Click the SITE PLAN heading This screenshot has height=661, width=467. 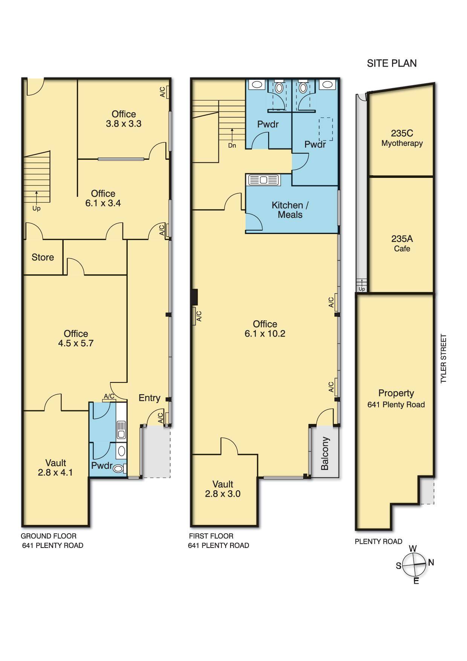[392, 63]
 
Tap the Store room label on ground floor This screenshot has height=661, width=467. [43, 257]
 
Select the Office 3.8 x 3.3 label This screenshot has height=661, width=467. [124, 119]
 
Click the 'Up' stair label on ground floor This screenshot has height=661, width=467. [36, 208]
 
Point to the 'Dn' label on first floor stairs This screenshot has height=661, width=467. [232, 145]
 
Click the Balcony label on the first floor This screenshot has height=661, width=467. [325, 453]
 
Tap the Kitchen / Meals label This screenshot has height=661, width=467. [290, 210]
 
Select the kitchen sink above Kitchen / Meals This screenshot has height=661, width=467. [263, 181]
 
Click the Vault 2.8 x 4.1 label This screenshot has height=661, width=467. [55, 468]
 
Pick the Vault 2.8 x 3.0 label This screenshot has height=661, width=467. [223, 489]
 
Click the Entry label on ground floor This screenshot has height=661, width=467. [149, 398]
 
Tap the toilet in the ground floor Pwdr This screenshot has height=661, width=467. [118, 469]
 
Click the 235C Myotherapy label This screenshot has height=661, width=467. [402, 138]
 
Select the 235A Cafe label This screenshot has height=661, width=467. [402, 243]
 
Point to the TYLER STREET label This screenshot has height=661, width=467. [443, 359]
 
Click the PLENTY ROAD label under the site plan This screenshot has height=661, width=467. [378, 542]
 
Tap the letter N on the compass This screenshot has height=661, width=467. [431, 563]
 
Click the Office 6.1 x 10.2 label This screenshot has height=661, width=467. [265, 329]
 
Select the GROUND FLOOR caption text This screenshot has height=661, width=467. [48, 536]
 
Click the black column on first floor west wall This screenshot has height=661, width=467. [194, 297]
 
